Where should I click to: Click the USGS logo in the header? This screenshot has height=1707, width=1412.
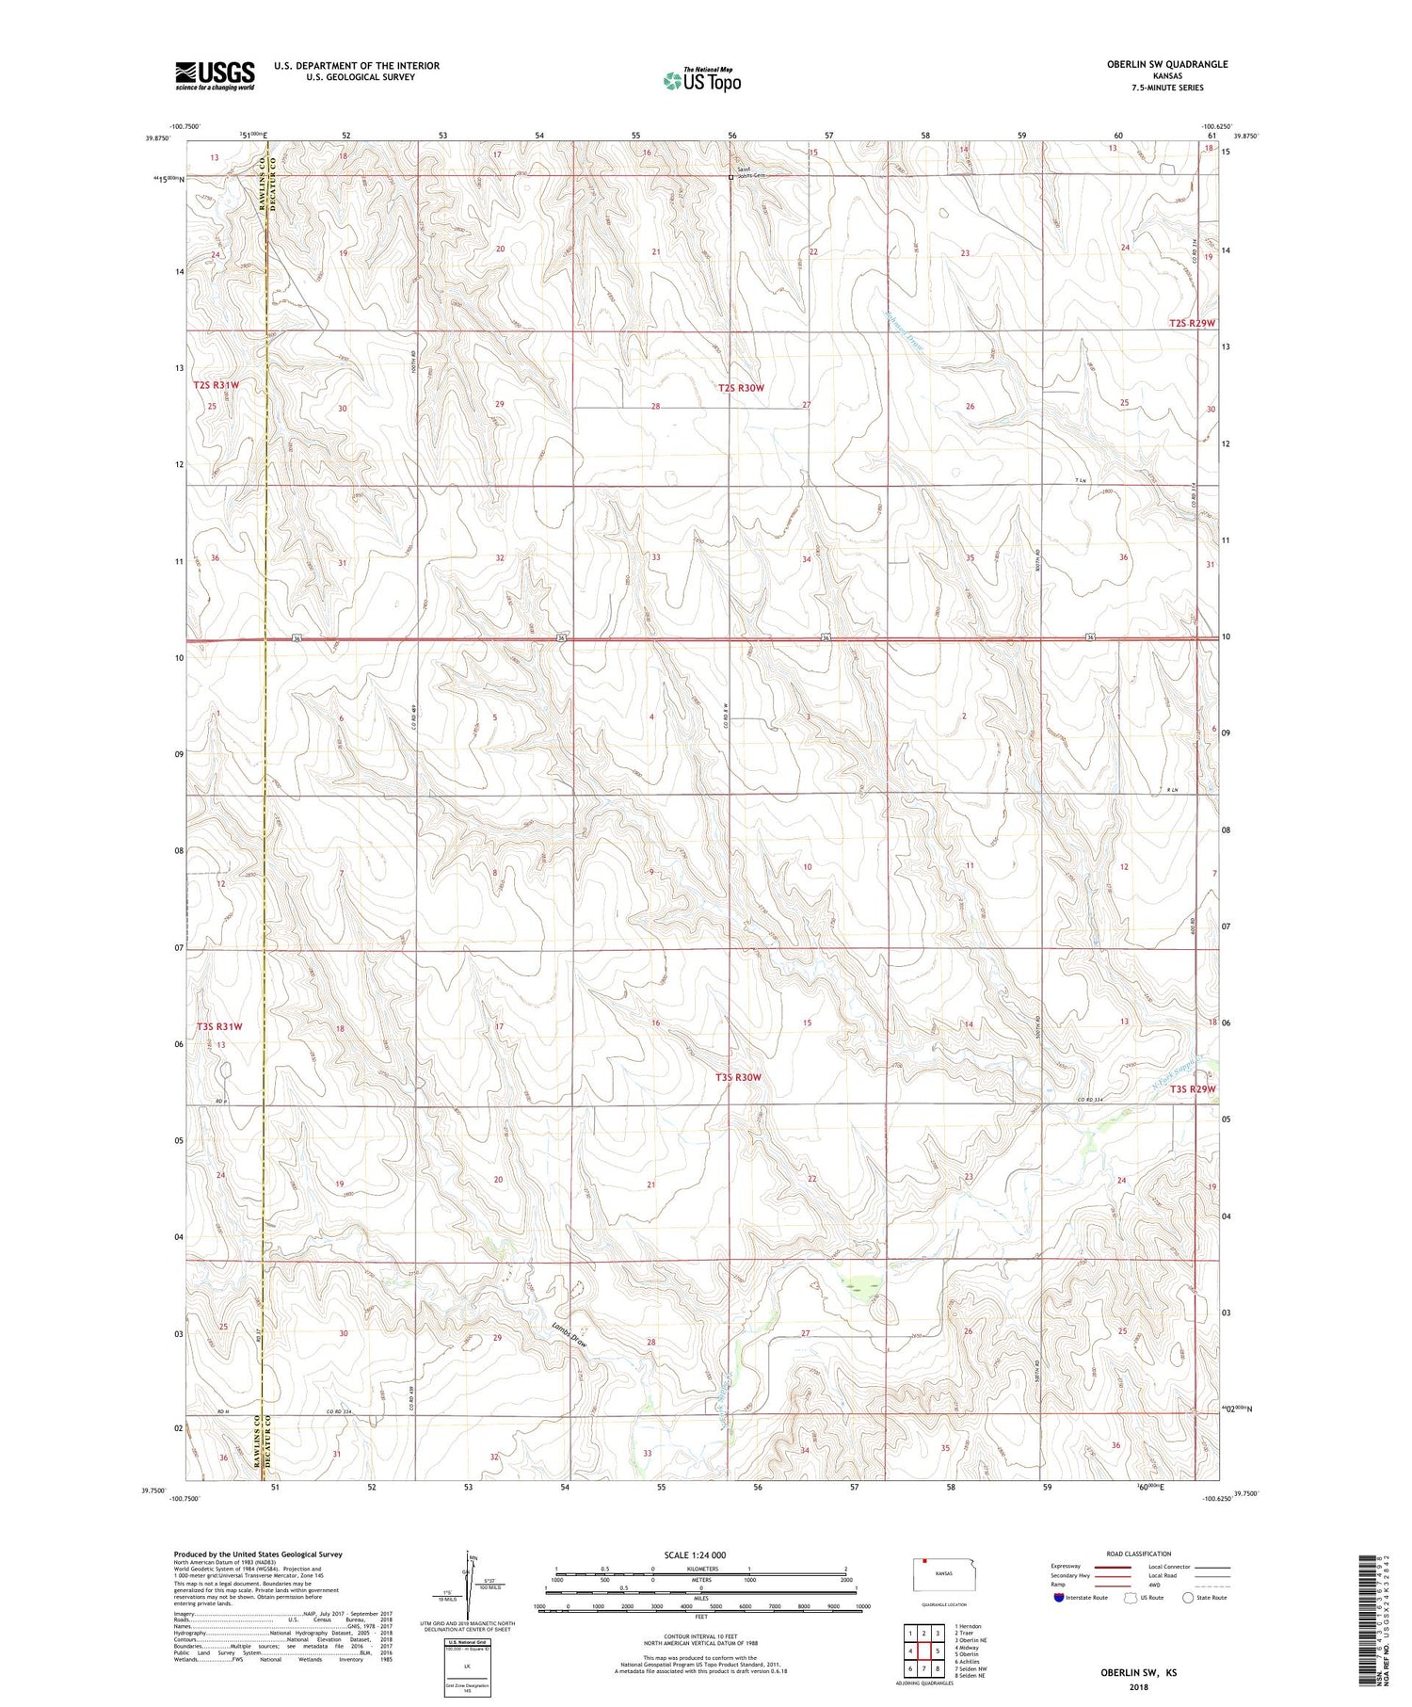215,75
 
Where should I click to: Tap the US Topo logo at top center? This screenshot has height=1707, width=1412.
701,81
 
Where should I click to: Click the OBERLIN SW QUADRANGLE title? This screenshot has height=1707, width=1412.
1167,64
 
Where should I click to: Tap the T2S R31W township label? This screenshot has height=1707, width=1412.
217,385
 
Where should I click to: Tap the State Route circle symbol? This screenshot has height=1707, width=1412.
1188,1597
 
